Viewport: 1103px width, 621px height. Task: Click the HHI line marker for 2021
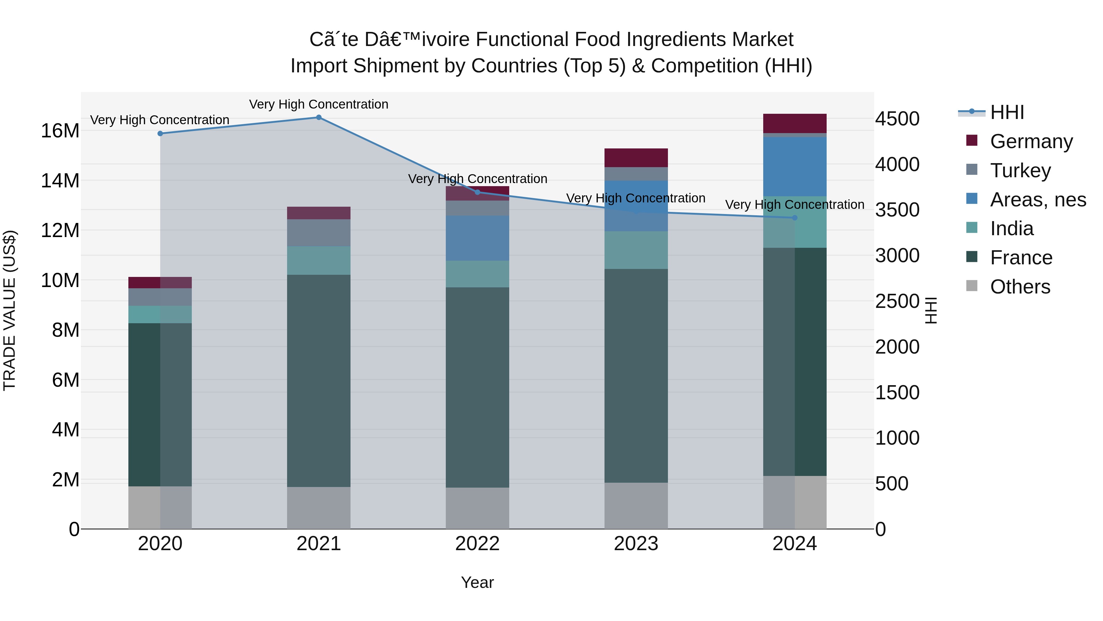[319, 117]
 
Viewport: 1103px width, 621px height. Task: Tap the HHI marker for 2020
[160, 134]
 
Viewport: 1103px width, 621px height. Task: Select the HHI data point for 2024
[795, 218]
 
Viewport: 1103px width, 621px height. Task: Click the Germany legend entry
[1031, 141]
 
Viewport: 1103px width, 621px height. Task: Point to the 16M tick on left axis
[60, 131]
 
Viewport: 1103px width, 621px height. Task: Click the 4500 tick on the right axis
[897, 119]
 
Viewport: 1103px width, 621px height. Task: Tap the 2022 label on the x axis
[477, 544]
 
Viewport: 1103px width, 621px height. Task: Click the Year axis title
[477, 582]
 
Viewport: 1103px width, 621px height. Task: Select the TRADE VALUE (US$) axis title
[9, 310]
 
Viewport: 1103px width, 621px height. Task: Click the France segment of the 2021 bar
[319, 381]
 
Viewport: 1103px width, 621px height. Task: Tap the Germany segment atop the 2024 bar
[795, 123]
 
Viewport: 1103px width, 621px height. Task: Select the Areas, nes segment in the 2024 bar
[795, 167]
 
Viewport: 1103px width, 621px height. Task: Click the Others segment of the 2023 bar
[636, 506]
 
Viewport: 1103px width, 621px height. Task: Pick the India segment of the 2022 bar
[477, 274]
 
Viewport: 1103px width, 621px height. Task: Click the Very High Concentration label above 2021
[319, 105]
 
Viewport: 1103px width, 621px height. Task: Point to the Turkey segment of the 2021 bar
[319, 233]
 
